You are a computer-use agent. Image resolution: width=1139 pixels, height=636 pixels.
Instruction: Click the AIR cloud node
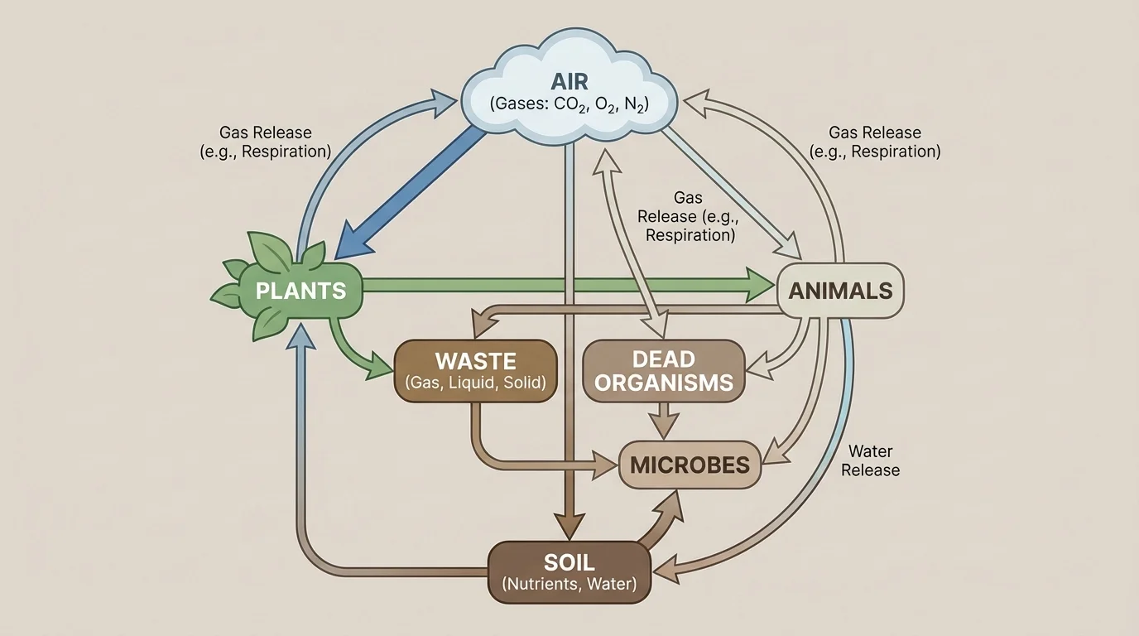(x=569, y=91)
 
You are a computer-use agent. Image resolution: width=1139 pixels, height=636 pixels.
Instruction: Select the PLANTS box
(x=300, y=291)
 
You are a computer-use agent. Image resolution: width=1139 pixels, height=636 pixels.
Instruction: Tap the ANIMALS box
(x=840, y=291)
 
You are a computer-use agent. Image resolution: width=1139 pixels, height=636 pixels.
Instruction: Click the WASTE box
(x=475, y=371)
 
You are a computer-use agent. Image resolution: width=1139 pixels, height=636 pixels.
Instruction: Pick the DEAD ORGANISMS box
(x=664, y=371)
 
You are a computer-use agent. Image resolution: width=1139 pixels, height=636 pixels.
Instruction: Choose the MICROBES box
(x=690, y=465)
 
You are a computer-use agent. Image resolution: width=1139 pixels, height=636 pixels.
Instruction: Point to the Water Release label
(x=870, y=461)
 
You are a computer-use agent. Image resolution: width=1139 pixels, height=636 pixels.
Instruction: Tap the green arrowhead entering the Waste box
(x=382, y=366)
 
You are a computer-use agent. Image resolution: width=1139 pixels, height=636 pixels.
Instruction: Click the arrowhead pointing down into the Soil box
(x=569, y=528)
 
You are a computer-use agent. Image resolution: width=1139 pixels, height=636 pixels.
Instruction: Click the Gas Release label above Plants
(x=266, y=142)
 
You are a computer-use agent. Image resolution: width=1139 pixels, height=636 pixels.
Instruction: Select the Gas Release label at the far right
(x=874, y=142)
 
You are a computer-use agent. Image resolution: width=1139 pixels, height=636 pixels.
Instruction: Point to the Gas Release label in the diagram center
(x=690, y=216)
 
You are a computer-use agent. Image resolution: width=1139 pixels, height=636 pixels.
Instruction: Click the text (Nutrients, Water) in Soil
(x=569, y=585)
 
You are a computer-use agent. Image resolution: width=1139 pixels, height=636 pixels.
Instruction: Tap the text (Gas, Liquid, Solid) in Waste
(x=475, y=383)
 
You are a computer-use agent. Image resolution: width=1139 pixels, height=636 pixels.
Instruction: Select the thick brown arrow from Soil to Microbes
(x=662, y=520)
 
